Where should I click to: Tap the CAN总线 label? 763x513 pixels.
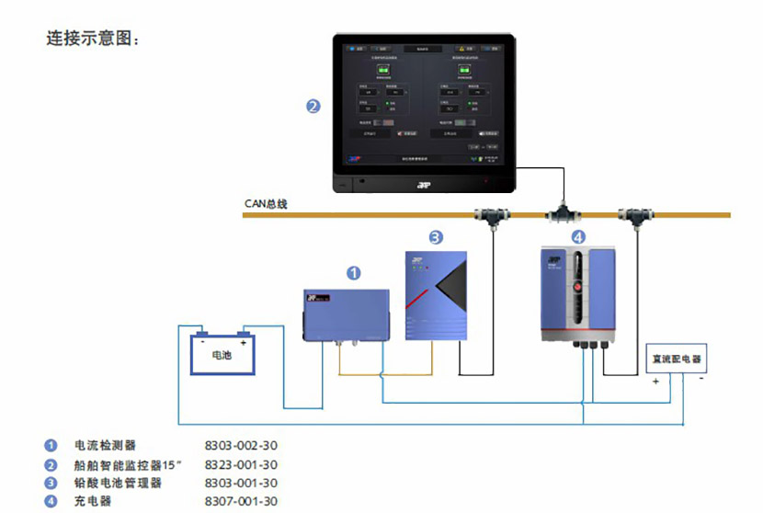click(x=266, y=203)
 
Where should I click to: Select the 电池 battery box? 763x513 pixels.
click(x=222, y=353)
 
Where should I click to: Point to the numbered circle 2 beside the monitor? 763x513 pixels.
click(x=313, y=107)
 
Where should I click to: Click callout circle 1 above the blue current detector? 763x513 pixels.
click(x=353, y=273)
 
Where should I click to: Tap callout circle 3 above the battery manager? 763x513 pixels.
click(x=436, y=236)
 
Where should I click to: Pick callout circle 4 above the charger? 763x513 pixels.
click(x=577, y=236)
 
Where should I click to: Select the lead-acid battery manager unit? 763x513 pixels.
click(x=437, y=296)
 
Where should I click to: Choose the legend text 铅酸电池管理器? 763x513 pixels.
click(x=118, y=483)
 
